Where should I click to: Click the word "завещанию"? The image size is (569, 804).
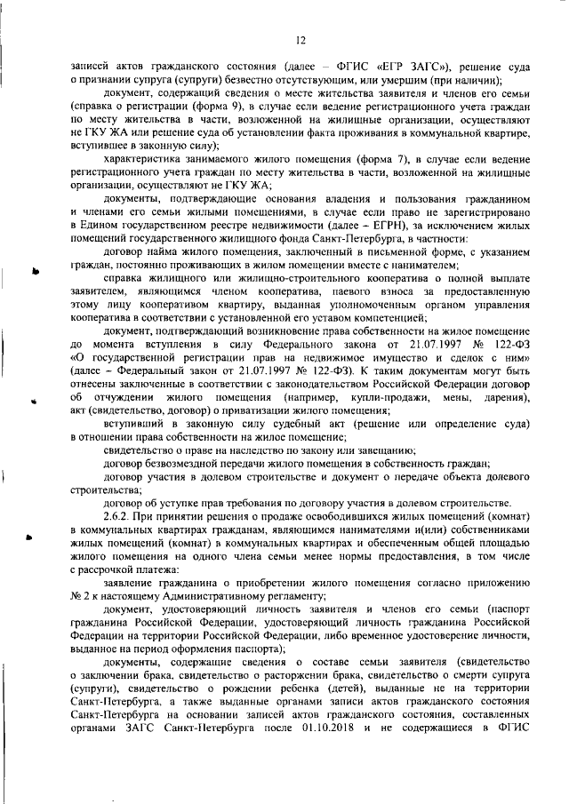tap(377, 450)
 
